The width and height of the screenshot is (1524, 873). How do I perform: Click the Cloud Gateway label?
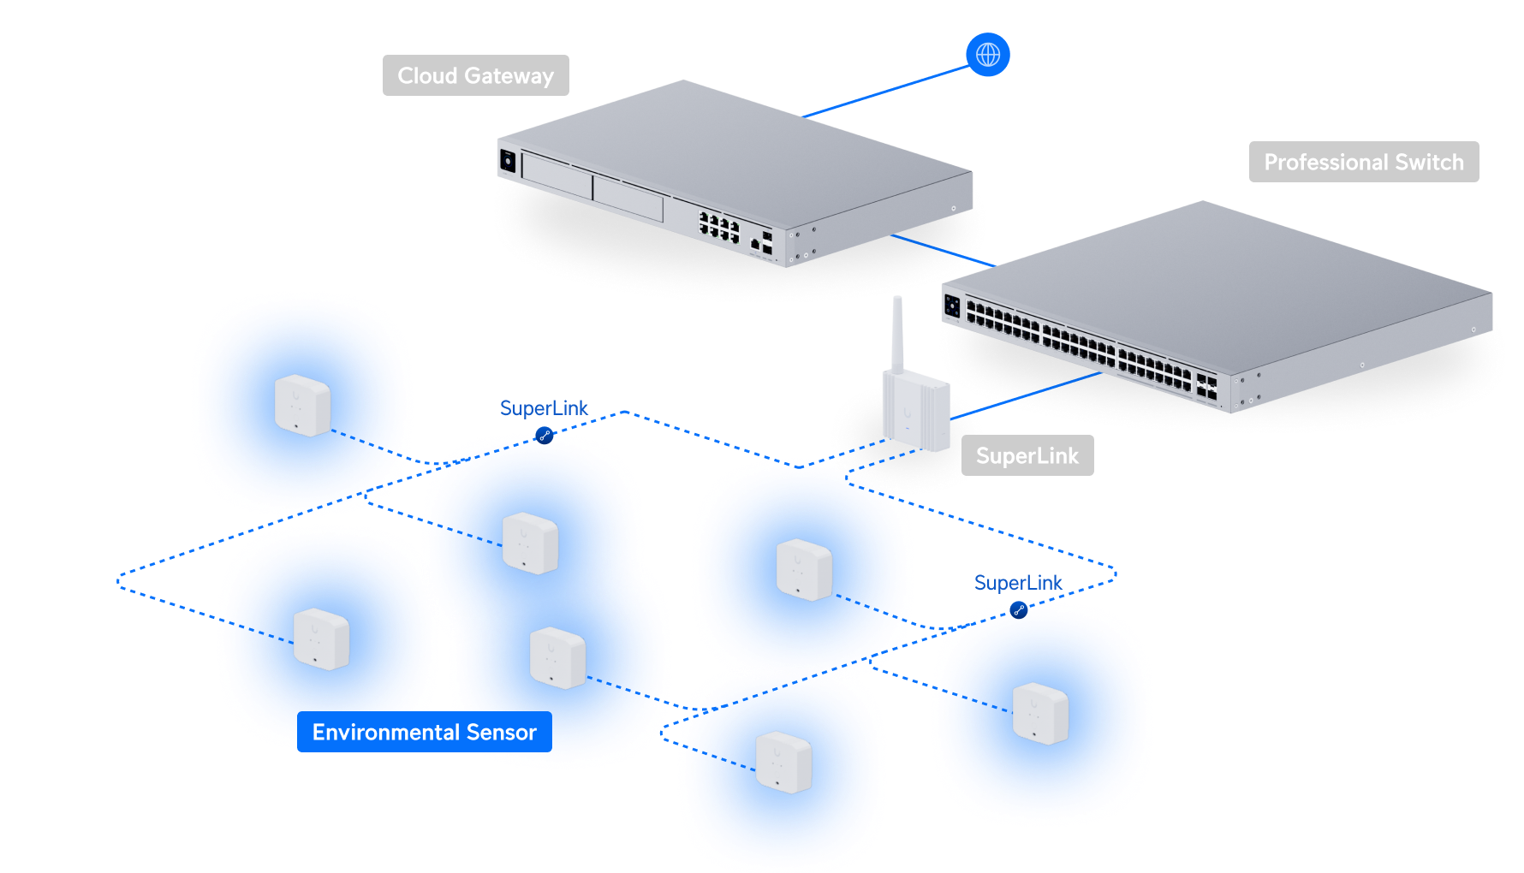coord(475,75)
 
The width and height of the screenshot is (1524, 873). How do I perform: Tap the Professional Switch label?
coord(1363,162)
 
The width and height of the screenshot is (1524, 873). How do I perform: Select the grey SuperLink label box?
coord(1027,456)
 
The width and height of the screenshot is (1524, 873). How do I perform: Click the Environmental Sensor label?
coord(424,733)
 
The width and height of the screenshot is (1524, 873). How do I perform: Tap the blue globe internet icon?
coord(988,55)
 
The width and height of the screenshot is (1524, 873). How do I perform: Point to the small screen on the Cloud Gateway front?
coord(507,160)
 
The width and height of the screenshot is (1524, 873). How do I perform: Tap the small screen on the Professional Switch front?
coord(952,305)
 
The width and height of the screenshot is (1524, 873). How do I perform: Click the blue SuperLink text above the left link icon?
coord(544,408)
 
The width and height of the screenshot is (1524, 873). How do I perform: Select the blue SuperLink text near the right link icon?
coord(1018,583)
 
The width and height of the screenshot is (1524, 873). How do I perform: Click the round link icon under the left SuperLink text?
coord(545,436)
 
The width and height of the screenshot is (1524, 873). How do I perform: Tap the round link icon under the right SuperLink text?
coord(1018,610)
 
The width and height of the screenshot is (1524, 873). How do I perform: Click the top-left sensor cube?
coord(302,405)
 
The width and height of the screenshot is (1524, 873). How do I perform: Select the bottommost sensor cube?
coord(783,762)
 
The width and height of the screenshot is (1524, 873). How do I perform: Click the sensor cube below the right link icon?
coord(1040,713)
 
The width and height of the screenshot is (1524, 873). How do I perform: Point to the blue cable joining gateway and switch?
coord(942,251)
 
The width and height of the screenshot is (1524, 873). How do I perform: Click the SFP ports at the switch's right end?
coord(1207,387)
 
